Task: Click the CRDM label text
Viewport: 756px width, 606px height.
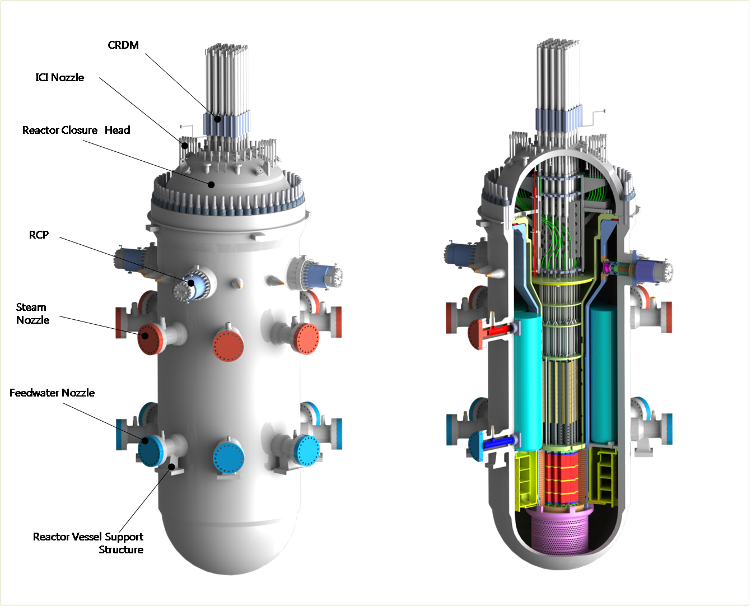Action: click(123, 45)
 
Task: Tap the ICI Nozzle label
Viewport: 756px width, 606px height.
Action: click(60, 77)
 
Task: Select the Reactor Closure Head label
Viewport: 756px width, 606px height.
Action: click(76, 130)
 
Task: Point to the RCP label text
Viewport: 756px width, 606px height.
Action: click(39, 235)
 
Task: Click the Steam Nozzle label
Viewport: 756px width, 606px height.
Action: click(32, 314)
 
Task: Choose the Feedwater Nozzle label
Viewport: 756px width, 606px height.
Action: click(52, 393)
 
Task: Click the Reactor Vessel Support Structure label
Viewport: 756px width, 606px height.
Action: click(88, 543)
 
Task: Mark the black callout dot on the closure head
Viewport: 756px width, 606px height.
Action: click(211, 184)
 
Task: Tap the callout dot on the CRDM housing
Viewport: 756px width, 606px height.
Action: click(218, 119)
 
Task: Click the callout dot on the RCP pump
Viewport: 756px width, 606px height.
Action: click(191, 283)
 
